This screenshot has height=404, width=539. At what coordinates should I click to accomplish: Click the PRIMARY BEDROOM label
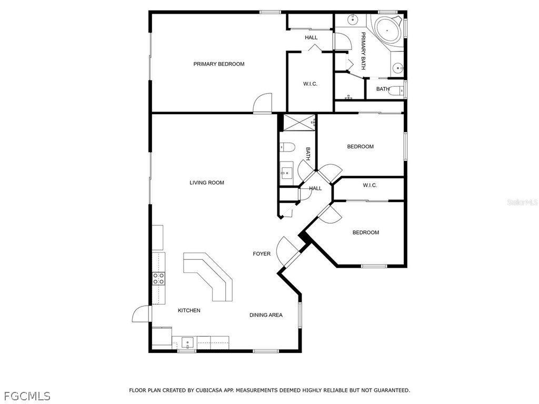[x=218, y=64]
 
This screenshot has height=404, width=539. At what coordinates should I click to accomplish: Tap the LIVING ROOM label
[x=206, y=183]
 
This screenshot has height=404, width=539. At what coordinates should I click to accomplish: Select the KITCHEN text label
[x=189, y=310]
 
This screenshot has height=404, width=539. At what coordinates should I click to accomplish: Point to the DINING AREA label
[x=266, y=315]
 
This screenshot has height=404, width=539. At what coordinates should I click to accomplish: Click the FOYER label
[x=262, y=254]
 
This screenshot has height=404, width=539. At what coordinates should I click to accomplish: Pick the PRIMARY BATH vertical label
[x=363, y=51]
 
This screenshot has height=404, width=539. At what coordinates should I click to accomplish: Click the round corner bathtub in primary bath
[x=387, y=30]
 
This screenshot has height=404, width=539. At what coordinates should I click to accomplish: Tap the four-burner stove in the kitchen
[x=158, y=278]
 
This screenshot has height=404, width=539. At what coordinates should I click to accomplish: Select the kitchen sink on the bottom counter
[x=187, y=342]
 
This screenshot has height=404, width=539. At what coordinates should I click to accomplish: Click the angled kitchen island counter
[x=207, y=275]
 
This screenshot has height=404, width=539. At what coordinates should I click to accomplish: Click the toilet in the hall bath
[x=288, y=147]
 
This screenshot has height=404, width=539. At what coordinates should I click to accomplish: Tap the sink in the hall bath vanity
[x=286, y=173]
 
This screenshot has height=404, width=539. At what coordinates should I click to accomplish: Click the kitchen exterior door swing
[x=142, y=314]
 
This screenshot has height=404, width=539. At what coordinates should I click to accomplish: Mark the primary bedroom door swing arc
[x=262, y=103]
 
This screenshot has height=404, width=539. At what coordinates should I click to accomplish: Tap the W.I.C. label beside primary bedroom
[x=310, y=84]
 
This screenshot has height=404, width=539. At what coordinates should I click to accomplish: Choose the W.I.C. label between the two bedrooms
[x=370, y=186]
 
